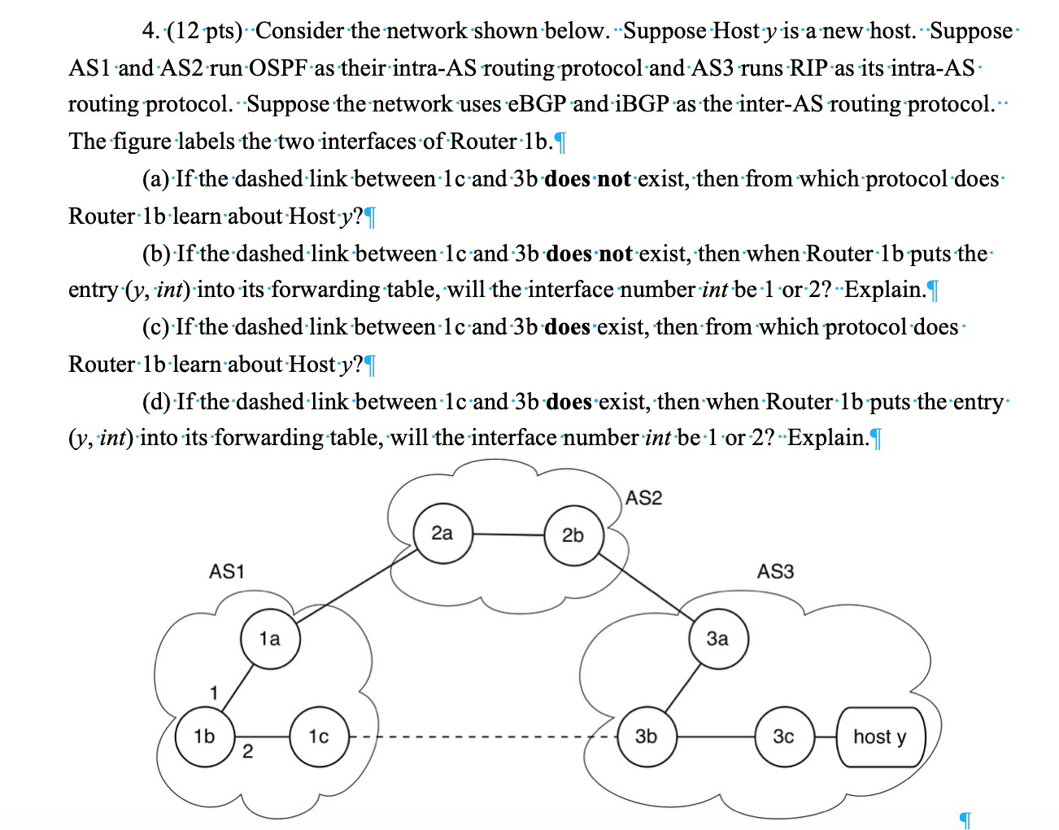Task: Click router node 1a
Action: click(270, 639)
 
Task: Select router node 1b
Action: click(205, 736)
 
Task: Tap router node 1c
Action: click(319, 736)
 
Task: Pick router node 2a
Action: click(442, 534)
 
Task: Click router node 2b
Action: click(573, 535)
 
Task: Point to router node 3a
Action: click(717, 639)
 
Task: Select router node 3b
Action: click(646, 736)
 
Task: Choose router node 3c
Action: click(783, 736)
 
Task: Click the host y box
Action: click(879, 736)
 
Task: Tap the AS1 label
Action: click(226, 571)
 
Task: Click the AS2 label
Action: click(644, 498)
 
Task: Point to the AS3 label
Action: click(774, 571)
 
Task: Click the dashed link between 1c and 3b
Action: click(480, 737)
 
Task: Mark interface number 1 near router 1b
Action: click(213, 693)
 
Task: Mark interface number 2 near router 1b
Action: click(247, 751)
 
